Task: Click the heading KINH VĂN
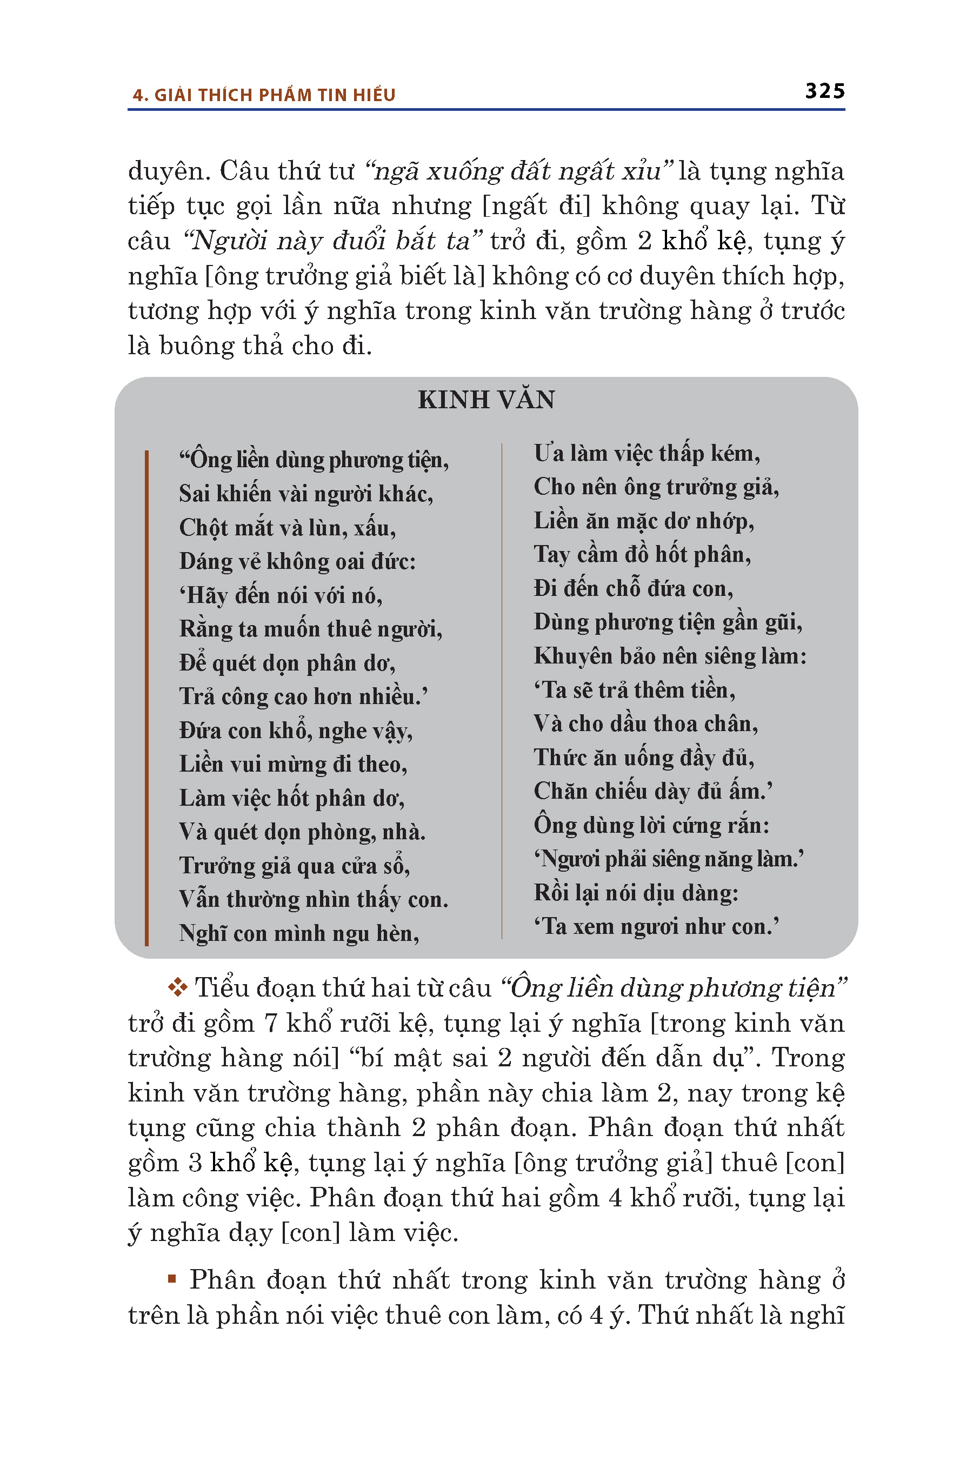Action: point(486,400)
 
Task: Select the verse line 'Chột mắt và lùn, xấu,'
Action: point(288,528)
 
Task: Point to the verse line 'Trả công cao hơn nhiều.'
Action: point(303,696)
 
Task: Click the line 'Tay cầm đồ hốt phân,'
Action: point(642,554)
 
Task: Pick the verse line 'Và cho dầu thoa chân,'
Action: point(645,724)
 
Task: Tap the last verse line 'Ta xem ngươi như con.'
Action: point(656,926)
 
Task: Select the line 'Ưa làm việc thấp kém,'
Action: point(647,454)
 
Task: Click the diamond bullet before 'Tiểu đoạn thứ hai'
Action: point(177,987)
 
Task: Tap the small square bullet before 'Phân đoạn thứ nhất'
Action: point(172,1279)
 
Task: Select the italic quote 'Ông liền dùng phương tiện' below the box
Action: point(674,987)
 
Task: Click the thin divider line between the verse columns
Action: point(502,689)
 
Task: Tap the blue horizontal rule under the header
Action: point(486,110)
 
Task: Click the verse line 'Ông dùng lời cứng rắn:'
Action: point(651,825)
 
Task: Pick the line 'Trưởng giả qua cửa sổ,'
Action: point(295,865)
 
